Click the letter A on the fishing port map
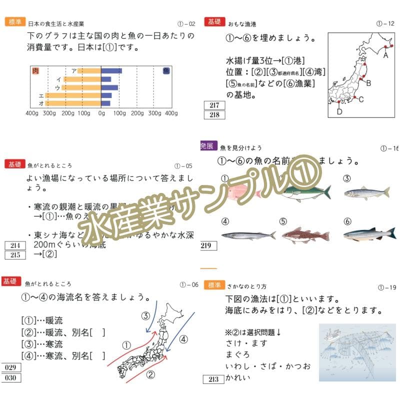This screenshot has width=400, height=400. (385, 56)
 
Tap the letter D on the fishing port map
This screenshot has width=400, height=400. (339, 111)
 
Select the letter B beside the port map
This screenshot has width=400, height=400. (368, 83)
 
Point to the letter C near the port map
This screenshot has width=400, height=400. (361, 99)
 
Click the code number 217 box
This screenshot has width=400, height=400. (215, 105)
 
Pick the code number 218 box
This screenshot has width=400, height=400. (215, 115)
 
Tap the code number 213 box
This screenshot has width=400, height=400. (213, 379)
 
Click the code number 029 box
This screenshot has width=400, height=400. (11, 368)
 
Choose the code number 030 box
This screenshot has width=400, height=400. (11, 377)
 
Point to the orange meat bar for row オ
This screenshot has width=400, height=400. (72, 103)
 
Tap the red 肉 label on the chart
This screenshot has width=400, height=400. (35, 71)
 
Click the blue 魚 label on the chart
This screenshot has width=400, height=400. (166, 71)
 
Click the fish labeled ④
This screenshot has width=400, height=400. (248, 235)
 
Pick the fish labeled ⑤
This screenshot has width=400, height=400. (305, 234)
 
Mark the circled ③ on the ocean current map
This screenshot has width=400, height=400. (145, 315)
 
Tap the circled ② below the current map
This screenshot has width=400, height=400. (150, 373)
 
